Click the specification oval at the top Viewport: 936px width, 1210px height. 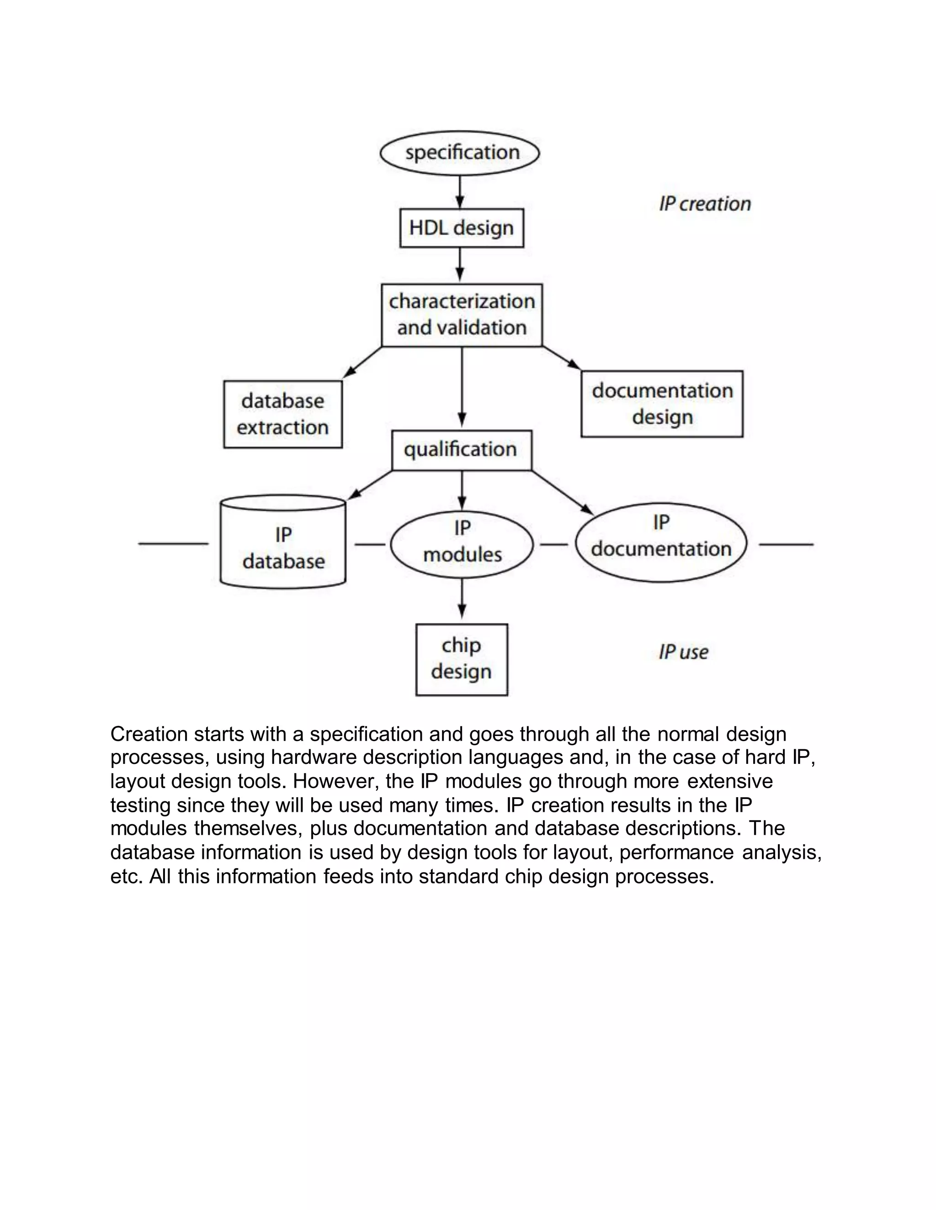[x=460, y=153]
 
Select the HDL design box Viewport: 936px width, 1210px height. [x=461, y=228]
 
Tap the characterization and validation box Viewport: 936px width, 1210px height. [x=461, y=315]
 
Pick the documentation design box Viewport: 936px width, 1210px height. [x=661, y=403]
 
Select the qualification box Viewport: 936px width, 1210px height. [x=461, y=449]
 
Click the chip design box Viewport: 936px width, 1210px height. [x=461, y=659]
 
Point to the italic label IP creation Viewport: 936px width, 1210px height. [x=704, y=204]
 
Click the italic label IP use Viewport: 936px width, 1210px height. [x=683, y=652]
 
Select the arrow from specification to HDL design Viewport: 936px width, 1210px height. [x=460, y=192]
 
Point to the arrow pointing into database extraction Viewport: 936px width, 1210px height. [x=362, y=363]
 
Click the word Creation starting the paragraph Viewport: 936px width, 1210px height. [x=149, y=734]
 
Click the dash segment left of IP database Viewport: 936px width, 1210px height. [x=173, y=544]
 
